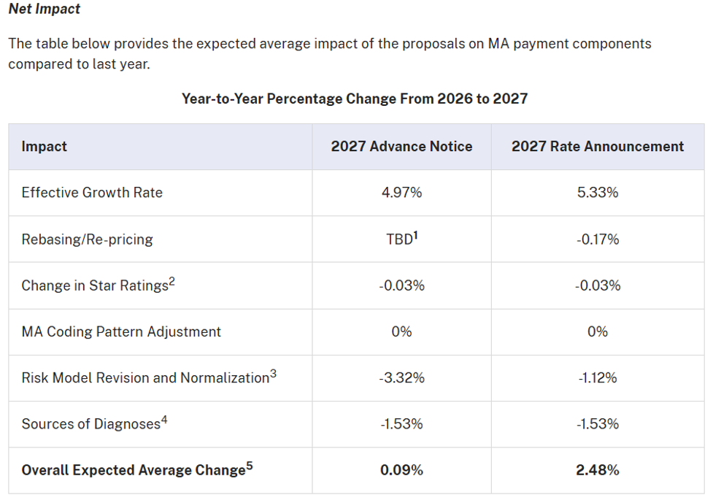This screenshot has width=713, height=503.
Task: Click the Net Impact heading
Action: point(45,9)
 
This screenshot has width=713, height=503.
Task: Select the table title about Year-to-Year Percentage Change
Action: point(355,99)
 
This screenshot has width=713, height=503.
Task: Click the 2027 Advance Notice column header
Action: point(401,147)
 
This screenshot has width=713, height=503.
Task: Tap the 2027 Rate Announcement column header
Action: point(598,147)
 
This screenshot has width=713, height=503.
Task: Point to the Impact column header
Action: point(45,147)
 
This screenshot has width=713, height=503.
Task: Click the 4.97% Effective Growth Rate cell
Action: point(401,193)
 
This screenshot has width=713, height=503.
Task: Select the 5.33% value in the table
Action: point(598,193)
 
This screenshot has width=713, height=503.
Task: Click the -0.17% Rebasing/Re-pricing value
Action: point(598,239)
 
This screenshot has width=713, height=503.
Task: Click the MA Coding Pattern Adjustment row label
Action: point(121,331)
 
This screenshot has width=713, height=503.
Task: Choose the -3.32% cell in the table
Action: point(401,377)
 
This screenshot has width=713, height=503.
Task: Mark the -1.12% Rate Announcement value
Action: point(598,377)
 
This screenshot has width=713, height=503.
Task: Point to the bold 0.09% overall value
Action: point(401,470)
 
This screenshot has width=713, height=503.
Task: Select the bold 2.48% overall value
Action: point(598,470)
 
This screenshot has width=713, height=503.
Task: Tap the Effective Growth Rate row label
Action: point(92,193)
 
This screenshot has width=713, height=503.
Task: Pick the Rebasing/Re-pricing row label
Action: point(87,239)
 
